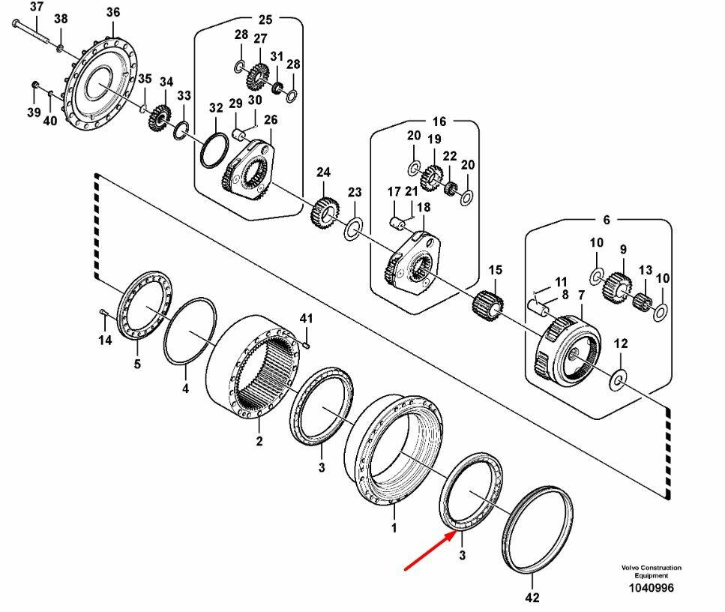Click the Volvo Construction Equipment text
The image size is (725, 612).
tap(650, 571)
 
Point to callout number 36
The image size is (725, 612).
tap(112, 13)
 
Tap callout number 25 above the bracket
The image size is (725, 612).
tap(265, 19)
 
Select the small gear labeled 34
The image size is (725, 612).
tap(160, 118)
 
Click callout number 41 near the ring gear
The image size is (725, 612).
tap(306, 319)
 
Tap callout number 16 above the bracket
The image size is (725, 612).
tap(439, 121)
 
